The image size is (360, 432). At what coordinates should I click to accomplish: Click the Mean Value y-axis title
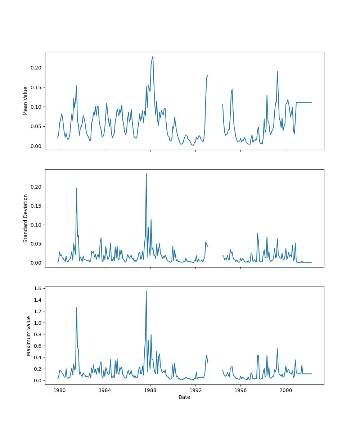pos(25,101)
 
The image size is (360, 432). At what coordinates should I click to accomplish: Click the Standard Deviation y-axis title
pos(25,218)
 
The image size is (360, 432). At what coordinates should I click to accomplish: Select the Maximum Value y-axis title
pos(28,336)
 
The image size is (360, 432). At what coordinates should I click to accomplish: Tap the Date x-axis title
pos(184,397)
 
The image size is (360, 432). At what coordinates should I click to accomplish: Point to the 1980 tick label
pos(60,390)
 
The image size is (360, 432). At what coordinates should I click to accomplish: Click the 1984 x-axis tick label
pos(105,390)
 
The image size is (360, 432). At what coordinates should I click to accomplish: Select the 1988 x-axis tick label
pos(150,390)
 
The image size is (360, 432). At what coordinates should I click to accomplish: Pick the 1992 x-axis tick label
pos(195,390)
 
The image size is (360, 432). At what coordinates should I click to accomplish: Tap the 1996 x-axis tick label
pos(240,390)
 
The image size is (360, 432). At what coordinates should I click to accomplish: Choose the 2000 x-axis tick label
pos(286,390)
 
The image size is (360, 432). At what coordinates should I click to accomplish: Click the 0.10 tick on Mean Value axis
pos(36,107)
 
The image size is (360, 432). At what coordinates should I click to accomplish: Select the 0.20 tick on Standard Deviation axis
pos(36,187)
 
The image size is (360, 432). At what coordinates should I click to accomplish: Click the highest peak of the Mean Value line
pos(153,56)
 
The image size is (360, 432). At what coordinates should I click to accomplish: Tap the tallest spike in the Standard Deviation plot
pos(146,174)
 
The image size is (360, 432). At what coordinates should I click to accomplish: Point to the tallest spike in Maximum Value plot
pos(146,291)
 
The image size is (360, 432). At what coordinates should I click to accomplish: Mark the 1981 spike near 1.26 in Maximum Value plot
pos(76,308)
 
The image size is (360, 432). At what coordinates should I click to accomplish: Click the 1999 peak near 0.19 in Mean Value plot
pos(277,71)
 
